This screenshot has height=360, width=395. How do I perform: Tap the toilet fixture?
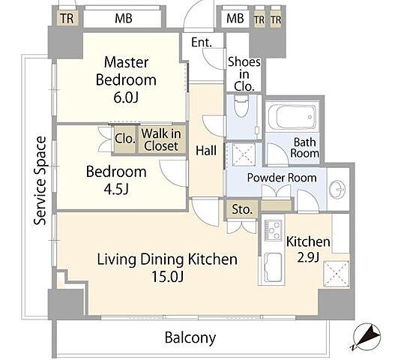241,106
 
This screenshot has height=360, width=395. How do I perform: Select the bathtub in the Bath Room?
293,117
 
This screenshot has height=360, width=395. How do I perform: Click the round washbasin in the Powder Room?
337,188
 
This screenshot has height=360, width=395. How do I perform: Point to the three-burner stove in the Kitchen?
273,230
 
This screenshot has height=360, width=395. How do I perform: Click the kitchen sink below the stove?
273,268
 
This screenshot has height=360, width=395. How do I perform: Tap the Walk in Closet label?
161,139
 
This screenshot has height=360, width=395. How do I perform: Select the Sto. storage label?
242,209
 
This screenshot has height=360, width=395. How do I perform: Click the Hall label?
206,151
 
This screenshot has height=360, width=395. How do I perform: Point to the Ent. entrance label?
202,42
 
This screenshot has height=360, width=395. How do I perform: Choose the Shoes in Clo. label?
244,74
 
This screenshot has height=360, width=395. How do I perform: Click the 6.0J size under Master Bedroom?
126,97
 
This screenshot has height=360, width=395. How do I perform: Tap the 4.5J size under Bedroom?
116,189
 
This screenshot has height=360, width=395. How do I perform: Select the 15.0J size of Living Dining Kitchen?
168,277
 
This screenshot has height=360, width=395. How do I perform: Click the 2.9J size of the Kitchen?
308,258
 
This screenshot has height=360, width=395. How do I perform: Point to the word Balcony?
190,337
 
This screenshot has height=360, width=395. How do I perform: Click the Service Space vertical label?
40,181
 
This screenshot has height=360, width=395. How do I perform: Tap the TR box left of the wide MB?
67,19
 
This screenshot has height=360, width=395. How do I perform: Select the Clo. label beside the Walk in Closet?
125,139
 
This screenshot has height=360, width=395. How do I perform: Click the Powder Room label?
282,178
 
